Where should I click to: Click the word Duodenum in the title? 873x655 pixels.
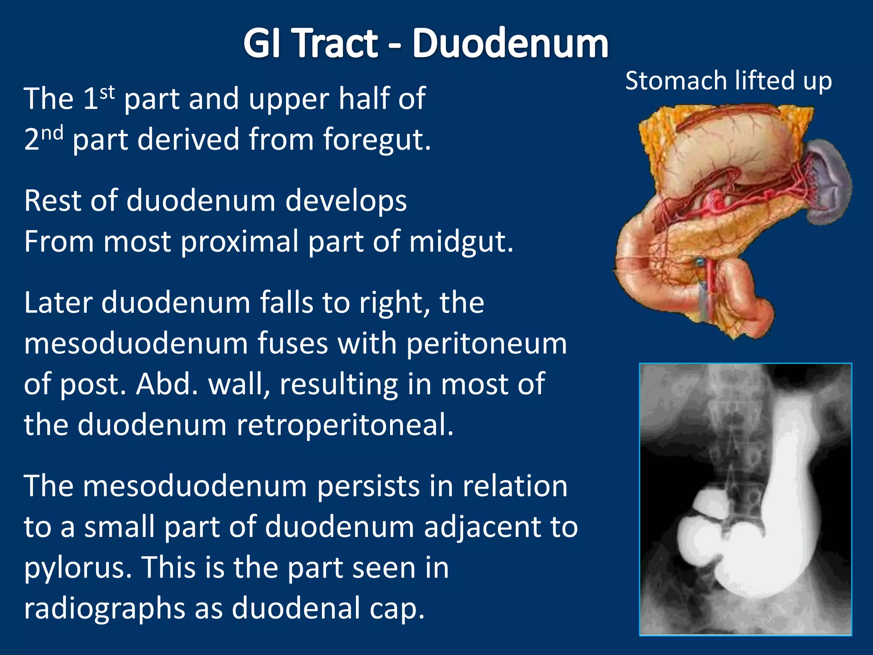510,43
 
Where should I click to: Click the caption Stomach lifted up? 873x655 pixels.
728,81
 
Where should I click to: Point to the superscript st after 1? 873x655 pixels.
107,92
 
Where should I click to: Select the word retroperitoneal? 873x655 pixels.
345,425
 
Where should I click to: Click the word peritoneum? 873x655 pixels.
487,344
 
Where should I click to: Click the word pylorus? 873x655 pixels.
78,568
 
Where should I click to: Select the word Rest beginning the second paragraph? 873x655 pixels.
52,200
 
